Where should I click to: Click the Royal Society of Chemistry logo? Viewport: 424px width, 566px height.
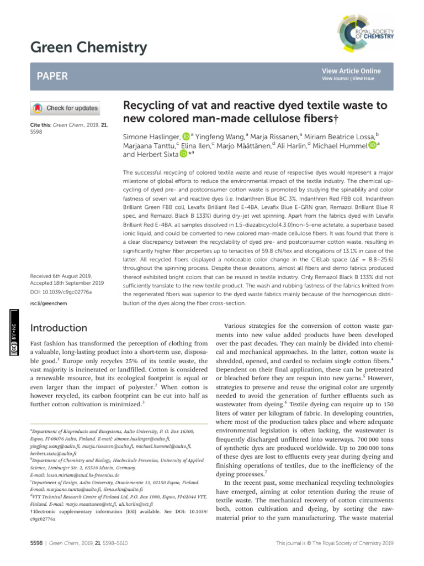point(364,38)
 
